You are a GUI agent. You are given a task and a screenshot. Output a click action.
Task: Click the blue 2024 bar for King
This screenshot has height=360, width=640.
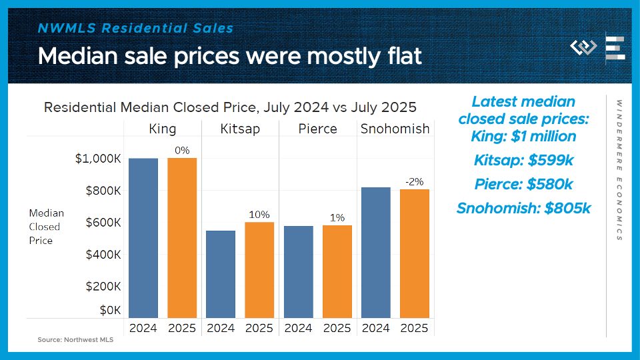coord(143,238)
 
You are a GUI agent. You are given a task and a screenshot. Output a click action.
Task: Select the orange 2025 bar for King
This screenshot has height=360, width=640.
coord(182,238)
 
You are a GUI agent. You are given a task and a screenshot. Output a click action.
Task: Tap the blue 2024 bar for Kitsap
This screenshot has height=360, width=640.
coord(221,274)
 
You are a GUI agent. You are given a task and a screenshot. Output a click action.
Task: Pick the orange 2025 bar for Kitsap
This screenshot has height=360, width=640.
coord(259,270)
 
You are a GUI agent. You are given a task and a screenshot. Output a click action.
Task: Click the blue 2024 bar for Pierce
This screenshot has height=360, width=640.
coord(298,272)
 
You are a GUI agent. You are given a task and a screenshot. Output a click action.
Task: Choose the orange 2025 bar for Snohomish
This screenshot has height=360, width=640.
coord(414,253)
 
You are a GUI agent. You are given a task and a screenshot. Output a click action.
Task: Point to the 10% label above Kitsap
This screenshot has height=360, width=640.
coord(259,214)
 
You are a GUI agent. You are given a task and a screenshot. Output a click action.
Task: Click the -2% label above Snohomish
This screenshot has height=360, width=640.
coord(414,181)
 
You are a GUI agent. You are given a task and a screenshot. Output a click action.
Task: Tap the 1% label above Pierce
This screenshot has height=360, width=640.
coord(337,217)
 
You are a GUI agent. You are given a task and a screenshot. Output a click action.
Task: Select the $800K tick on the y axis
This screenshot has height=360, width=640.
coord(103,191)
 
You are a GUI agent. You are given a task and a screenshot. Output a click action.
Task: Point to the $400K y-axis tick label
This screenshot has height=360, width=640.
coord(103,255)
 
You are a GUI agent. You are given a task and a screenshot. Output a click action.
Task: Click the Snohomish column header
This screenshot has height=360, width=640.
coord(395,129)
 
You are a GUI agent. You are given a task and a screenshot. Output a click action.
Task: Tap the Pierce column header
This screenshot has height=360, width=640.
coord(317,129)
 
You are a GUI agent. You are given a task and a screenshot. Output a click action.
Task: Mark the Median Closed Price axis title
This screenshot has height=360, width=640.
coord(47,227)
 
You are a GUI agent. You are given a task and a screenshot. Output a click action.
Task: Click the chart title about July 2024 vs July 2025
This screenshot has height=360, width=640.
coord(230,107)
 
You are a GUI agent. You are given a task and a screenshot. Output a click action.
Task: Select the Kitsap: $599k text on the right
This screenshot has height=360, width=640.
coord(523,160)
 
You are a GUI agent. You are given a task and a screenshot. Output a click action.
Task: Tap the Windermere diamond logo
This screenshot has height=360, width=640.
coord(583,48)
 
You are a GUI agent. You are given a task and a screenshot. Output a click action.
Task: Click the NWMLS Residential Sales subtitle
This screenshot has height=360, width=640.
coord(136,28)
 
